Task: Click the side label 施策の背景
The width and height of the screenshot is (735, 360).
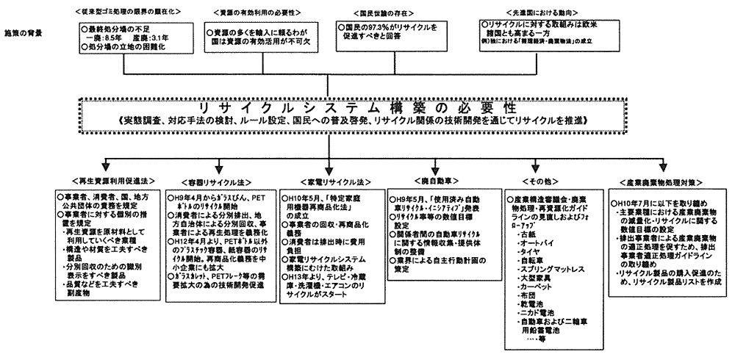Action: [x=23, y=33]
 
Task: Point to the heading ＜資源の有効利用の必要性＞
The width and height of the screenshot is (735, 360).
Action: [x=250, y=12]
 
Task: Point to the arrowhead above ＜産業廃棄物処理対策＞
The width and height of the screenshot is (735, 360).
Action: [x=664, y=168]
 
